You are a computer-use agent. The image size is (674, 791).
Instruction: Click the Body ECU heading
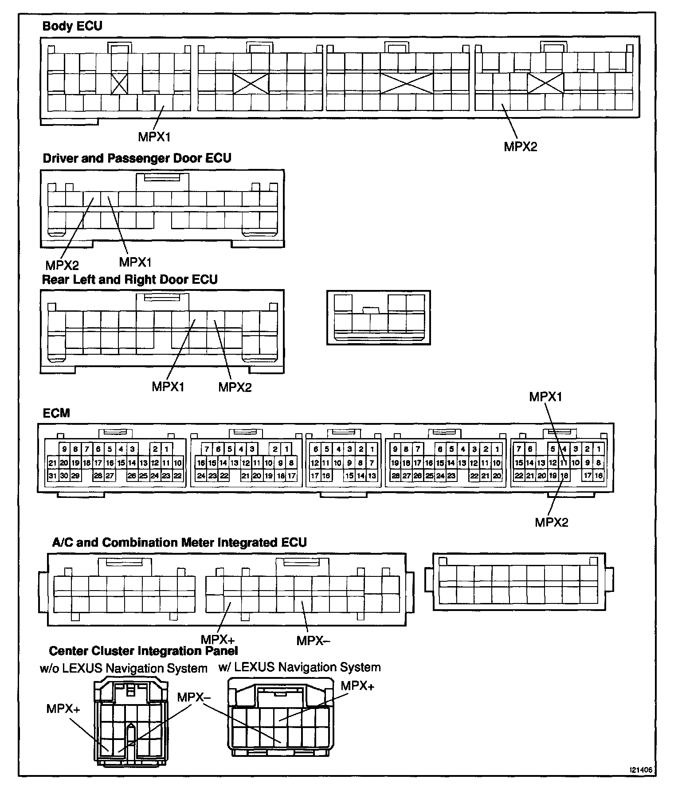pyautogui.click(x=72, y=26)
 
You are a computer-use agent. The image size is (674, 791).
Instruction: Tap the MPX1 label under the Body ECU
pyautogui.click(x=154, y=137)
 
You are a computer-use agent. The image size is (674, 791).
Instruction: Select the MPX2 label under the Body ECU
pyautogui.click(x=520, y=147)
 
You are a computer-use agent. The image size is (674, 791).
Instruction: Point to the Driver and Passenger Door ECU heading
pyautogui.click(x=137, y=158)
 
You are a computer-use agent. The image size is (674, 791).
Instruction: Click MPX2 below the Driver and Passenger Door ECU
pyautogui.click(x=62, y=265)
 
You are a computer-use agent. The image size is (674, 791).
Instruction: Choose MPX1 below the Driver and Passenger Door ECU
pyautogui.click(x=135, y=262)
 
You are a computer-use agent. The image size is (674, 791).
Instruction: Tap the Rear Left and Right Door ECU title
pyautogui.click(x=129, y=280)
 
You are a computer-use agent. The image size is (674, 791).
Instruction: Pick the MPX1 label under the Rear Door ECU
pyautogui.click(x=168, y=387)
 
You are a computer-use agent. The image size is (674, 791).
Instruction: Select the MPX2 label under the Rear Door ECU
pyautogui.click(x=235, y=387)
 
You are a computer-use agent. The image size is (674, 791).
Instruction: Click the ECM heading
pyautogui.click(x=56, y=413)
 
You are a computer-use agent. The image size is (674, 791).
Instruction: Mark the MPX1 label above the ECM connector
pyautogui.click(x=545, y=397)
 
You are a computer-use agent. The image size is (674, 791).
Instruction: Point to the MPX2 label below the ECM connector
pyautogui.click(x=551, y=522)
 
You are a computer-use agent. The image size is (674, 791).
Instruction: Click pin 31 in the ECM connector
pyautogui.click(x=53, y=475)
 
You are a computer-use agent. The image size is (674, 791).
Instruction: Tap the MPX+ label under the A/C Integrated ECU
pyautogui.click(x=217, y=639)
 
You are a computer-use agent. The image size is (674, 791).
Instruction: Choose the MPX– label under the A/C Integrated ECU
pyautogui.click(x=313, y=641)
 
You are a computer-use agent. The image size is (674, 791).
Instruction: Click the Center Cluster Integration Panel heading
pyautogui.click(x=143, y=651)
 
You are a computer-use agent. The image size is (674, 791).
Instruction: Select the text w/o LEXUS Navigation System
pyautogui.click(x=123, y=668)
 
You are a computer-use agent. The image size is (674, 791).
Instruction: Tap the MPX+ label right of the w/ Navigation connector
pyautogui.click(x=357, y=686)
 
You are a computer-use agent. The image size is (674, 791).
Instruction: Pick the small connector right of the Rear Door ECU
pyautogui.click(x=379, y=317)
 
